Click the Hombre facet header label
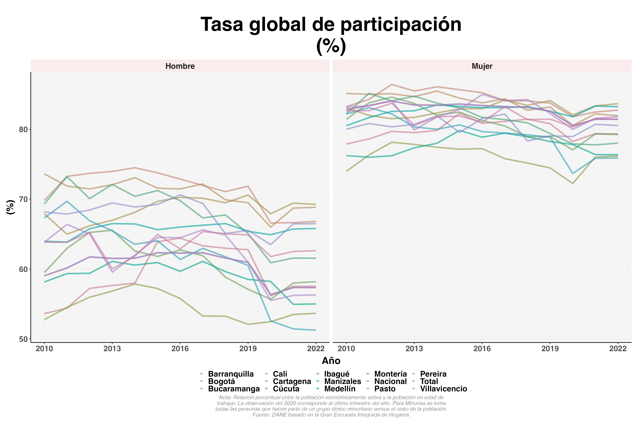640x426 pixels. tap(180, 66)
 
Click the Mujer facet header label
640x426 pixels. tap(482, 66)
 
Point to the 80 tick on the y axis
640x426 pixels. tap(24, 129)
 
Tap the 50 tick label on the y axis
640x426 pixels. tap(24, 339)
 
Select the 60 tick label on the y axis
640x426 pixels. tap(24, 269)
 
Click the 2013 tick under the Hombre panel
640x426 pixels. tap(112, 349)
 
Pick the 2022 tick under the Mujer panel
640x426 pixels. tap(618, 349)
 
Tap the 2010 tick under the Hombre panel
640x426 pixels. tap(44, 349)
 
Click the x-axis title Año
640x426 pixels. tap(331, 361)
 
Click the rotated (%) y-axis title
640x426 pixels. tap(10, 207)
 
